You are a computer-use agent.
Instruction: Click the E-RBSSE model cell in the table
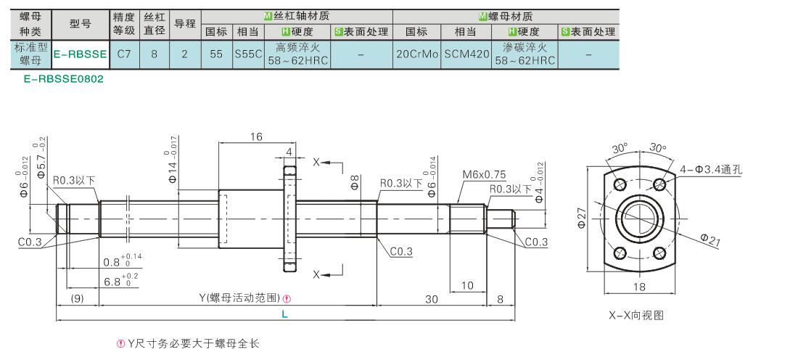click(x=81, y=54)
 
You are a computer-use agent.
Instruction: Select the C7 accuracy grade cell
click(x=123, y=54)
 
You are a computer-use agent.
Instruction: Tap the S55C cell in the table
click(x=248, y=54)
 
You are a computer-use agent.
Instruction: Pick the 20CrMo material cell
click(x=416, y=54)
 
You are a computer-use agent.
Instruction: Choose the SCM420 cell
click(x=466, y=54)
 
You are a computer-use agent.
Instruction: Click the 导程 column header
click(x=185, y=24)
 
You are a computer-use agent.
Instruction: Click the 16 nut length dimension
click(x=256, y=136)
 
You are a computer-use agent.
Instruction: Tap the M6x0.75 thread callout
click(x=484, y=175)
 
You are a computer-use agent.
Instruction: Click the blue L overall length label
click(x=284, y=314)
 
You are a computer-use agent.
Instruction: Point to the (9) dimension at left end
click(x=78, y=299)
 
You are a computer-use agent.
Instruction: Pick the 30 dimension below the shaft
click(x=431, y=300)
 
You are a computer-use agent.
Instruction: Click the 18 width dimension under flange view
click(x=639, y=287)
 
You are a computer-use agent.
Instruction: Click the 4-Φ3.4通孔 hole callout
click(x=711, y=169)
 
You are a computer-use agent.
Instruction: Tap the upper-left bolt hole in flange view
click(x=620, y=184)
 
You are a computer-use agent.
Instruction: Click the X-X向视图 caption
click(x=636, y=316)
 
